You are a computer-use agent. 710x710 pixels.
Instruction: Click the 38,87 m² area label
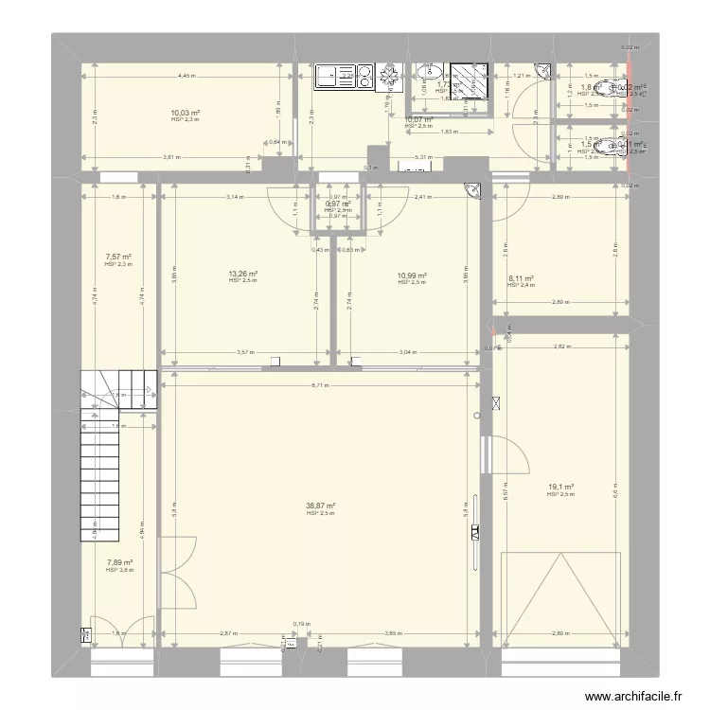(321, 506)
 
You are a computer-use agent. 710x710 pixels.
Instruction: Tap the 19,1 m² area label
(559, 488)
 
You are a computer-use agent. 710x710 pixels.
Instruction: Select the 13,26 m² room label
(242, 275)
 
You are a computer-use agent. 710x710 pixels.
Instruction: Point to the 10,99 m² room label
(412, 275)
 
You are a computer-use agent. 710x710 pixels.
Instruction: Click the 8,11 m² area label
(522, 278)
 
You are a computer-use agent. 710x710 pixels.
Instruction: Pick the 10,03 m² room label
(186, 113)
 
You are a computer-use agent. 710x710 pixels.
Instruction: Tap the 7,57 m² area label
(118, 257)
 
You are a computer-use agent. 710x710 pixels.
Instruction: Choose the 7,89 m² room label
(118, 562)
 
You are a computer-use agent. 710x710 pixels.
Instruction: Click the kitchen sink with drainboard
(334, 76)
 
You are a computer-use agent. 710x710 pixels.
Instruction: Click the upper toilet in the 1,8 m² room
(617, 89)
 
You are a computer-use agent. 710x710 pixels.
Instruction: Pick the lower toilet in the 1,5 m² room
(617, 147)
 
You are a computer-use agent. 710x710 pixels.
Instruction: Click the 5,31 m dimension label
(424, 158)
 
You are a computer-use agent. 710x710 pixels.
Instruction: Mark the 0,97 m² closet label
(338, 204)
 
